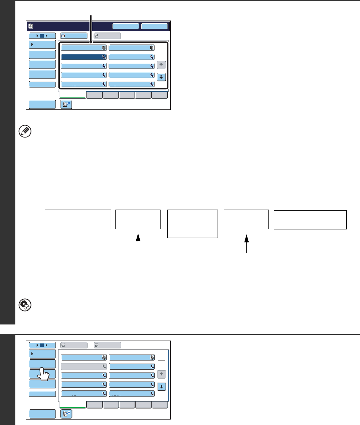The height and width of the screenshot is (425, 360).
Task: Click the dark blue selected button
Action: tap(84, 57)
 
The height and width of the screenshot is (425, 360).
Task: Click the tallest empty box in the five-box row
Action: tap(193, 224)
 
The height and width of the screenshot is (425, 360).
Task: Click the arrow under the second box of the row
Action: tap(138, 243)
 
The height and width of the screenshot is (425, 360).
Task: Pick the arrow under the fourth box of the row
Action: tap(246, 243)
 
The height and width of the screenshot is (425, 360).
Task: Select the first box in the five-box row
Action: tap(78, 219)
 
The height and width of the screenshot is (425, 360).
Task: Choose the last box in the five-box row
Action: tap(310, 220)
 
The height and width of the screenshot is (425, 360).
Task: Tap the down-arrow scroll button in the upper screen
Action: tap(161, 77)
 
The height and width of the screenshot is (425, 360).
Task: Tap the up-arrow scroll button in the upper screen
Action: tap(161, 65)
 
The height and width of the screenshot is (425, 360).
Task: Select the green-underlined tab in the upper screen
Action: tap(72, 95)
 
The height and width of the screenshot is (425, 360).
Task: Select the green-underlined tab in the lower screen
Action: tap(72, 405)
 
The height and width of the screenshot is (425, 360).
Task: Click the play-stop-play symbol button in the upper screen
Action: tap(42, 35)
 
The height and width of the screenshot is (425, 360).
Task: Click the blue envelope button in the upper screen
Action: tap(74, 35)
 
